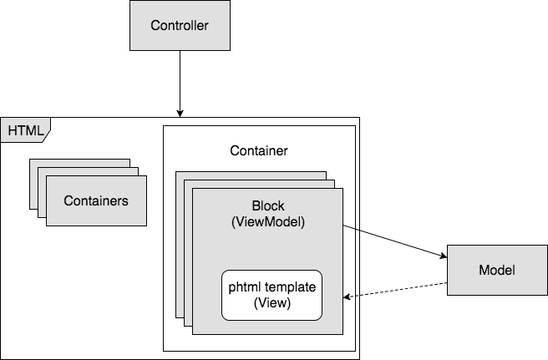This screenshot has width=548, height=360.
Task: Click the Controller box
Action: click(179, 25)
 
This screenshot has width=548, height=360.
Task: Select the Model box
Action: click(496, 271)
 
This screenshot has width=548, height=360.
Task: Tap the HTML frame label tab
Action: click(25, 130)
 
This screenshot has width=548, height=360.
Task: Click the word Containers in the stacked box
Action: click(96, 200)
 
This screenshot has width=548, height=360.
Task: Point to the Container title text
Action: click(259, 151)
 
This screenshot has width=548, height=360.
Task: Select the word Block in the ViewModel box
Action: click(268, 205)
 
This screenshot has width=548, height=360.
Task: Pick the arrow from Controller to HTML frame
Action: click(179, 84)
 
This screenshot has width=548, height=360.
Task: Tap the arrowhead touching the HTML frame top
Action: click(179, 113)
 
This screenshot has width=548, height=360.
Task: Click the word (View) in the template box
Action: click(271, 303)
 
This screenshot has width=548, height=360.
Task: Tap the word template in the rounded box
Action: click(290, 287)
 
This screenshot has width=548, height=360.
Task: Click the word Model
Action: click(496, 271)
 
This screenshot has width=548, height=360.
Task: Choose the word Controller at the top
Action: click(179, 25)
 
